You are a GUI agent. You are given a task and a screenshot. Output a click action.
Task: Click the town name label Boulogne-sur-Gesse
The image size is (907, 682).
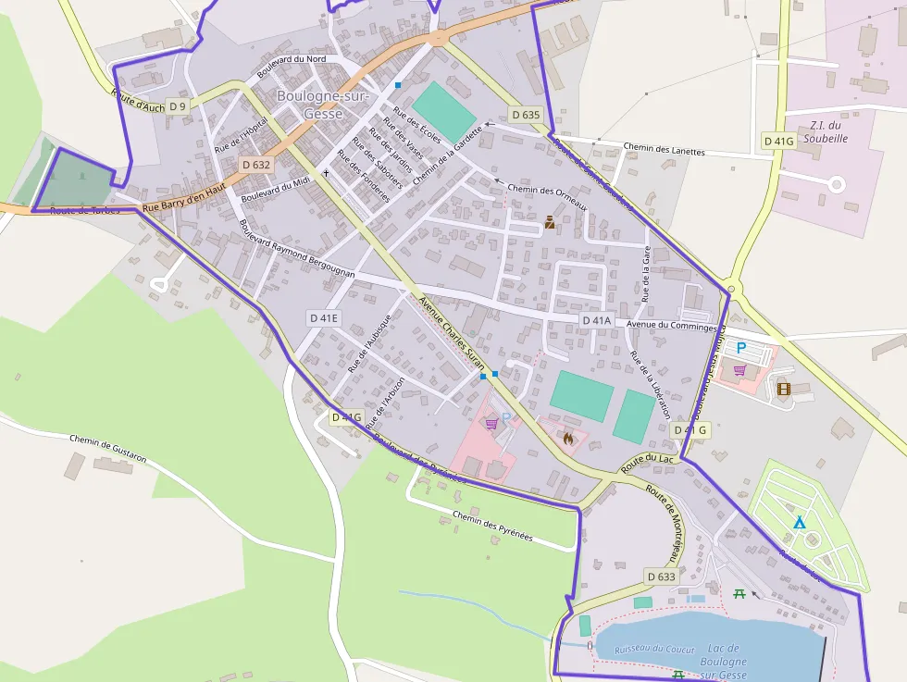click(322, 105)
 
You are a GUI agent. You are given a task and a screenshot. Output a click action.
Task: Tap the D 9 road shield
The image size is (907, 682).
click(177, 106)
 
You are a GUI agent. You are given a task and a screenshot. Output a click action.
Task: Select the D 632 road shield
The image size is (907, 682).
click(256, 165)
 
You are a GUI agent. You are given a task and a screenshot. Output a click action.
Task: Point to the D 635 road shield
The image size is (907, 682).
click(525, 116)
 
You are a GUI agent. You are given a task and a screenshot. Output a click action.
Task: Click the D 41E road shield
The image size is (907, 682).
click(324, 318)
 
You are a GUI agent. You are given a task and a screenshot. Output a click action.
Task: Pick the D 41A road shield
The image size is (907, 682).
click(597, 321)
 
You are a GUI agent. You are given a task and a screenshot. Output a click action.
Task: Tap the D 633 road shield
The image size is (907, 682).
click(662, 577)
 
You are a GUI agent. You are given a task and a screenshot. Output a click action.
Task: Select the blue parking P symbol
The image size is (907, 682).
click(740, 348)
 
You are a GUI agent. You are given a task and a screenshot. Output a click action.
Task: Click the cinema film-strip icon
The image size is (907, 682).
click(785, 390)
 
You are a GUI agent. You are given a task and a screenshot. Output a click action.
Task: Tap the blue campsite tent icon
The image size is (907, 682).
click(800, 523)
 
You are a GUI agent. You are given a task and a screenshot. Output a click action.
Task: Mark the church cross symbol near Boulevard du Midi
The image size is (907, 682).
click(326, 173)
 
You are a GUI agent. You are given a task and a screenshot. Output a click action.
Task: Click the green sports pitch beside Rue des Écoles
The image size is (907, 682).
click(444, 110)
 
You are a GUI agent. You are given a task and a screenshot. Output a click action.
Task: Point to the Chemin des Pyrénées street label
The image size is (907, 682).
click(492, 527)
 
